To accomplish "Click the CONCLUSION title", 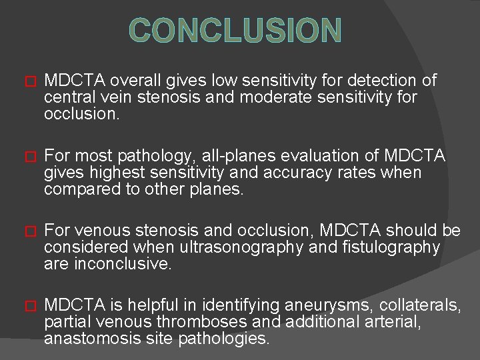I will tap(235, 31).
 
